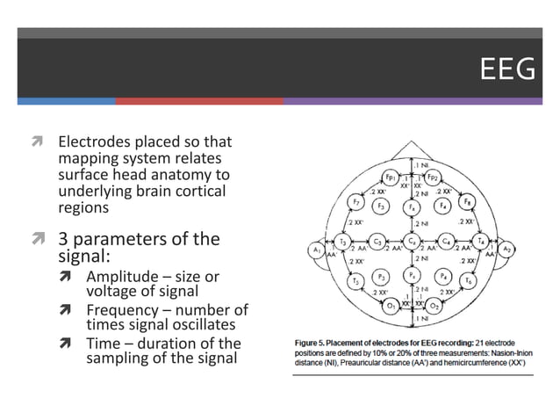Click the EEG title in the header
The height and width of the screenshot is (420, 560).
coord(507,69)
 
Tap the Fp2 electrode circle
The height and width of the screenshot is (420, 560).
coord(433,177)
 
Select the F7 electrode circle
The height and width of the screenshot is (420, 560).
coord(355,203)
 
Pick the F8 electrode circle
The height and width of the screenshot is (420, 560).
coord(467,203)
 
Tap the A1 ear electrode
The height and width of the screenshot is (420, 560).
coord(316,250)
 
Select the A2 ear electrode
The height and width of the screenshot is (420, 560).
coord(506,250)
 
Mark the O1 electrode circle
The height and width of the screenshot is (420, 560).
coord(390,305)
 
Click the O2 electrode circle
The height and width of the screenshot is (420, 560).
coord(434,305)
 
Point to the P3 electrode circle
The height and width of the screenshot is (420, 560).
coord(381,277)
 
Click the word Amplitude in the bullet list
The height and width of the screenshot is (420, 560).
coord(119,277)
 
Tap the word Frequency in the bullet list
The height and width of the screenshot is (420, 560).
coord(121,309)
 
